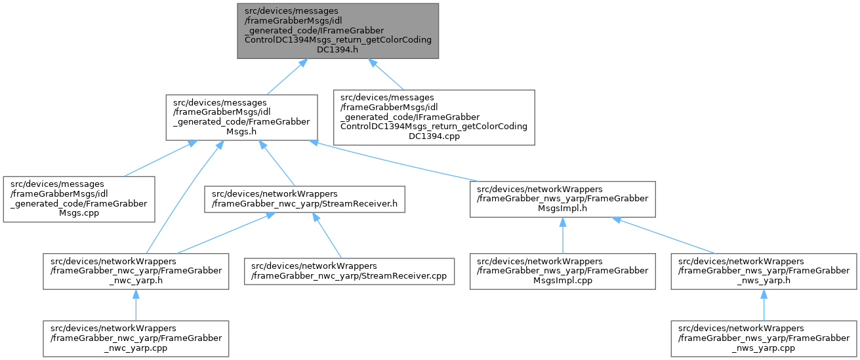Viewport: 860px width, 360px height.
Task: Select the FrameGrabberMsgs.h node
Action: pyautogui.click(x=241, y=117)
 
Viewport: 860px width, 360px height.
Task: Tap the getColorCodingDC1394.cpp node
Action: pyautogui.click(x=434, y=117)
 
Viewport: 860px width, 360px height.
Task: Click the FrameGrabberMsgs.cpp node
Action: pyautogui.click(x=79, y=199)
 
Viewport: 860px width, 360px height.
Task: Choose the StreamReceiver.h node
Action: pyautogui.click(x=304, y=199)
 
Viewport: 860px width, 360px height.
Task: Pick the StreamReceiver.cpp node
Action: pyautogui.click(x=349, y=271)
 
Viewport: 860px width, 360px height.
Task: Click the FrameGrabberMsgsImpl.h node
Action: pyautogui.click(x=562, y=199)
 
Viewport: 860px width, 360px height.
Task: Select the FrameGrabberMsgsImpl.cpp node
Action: pyautogui.click(x=562, y=271)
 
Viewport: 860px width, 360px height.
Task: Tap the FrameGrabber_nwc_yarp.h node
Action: pyautogui.click(x=136, y=271)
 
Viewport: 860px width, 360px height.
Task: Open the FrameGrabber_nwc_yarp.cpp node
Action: pyautogui.click(x=136, y=338)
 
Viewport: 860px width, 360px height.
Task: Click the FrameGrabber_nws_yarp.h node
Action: pyautogui.click(x=764, y=271)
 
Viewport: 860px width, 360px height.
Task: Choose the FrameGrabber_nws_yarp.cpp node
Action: pyautogui.click(x=764, y=338)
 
